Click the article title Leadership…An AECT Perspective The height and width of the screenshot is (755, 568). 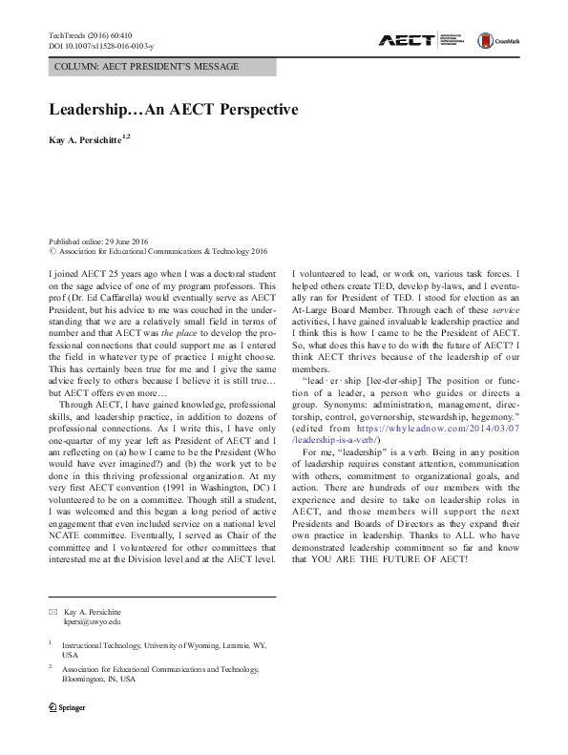(173, 110)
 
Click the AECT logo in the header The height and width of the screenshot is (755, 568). (407, 40)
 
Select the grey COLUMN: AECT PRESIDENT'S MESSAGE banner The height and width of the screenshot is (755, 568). (161, 67)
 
